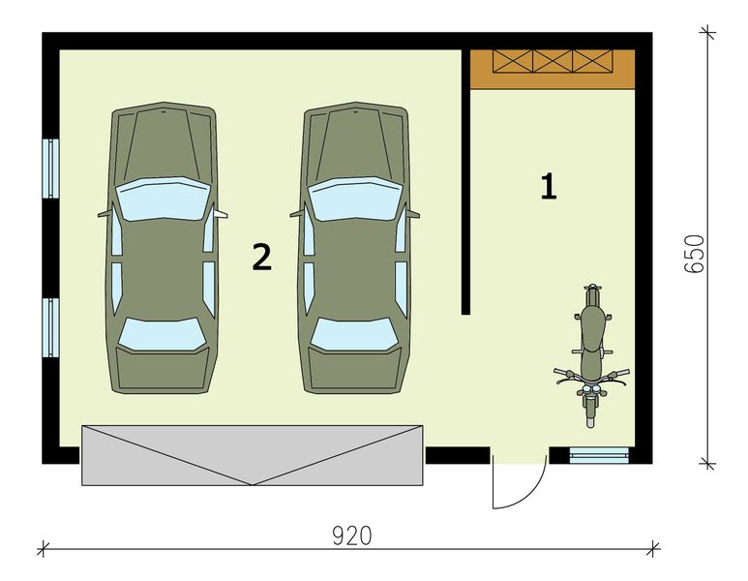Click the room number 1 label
[549, 186]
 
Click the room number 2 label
[261, 257]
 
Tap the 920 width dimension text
[351, 535]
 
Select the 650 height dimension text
[696, 254]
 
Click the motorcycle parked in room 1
[591, 353]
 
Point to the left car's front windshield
[163, 199]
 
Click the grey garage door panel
[253, 454]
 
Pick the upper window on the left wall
[50, 168]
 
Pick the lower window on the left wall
[50, 327]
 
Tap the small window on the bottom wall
[598, 454]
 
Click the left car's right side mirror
[222, 212]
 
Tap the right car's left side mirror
[294, 213]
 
